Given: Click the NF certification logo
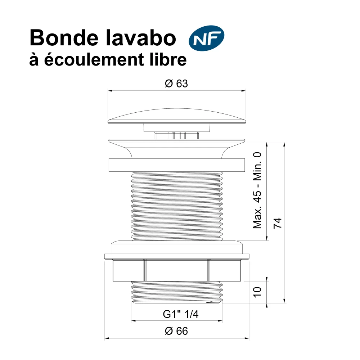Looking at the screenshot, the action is (206, 38).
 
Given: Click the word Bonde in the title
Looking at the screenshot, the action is (64, 38).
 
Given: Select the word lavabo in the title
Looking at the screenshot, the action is (141, 38).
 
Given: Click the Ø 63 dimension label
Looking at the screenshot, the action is (176, 84).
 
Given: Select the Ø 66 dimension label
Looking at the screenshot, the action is (176, 331).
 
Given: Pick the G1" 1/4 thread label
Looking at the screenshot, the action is (181, 314).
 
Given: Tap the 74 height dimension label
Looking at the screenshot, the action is (277, 223).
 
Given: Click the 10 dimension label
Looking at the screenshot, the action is (257, 292).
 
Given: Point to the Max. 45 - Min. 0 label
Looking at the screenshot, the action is (257, 190).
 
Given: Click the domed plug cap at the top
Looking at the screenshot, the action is (177, 116).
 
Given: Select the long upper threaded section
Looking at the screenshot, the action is (177, 206).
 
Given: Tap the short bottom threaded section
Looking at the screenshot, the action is (177, 292).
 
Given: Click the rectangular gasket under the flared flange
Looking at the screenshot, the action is (177, 165).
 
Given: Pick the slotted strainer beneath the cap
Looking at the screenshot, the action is (177, 135).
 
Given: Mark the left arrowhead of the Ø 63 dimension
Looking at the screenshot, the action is (110, 91).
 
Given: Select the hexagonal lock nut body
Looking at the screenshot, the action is (177, 270).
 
